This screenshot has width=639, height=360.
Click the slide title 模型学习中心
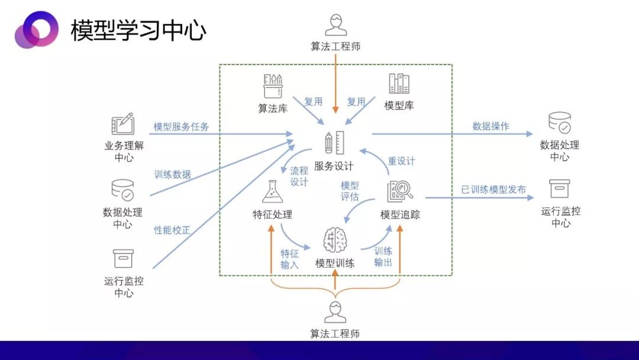click(x=138, y=30)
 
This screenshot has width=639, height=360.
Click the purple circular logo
click(x=36, y=30)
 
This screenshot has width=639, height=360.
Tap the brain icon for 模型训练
click(x=335, y=240)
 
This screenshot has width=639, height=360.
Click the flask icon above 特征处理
click(x=273, y=192)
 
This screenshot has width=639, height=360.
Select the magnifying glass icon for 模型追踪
click(x=400, y=191)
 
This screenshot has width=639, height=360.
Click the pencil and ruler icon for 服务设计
click(x=334, y=143)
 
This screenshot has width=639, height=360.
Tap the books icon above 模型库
click(x=399, y=83)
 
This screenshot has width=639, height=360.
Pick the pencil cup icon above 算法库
click(x=273, y=86)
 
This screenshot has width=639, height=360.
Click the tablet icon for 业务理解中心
click(x=123, y=124)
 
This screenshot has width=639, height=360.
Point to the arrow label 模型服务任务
click(x=182, y=126)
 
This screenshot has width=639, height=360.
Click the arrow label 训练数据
click(x=172, y=175)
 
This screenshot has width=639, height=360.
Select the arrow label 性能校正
click(x=172, y=230)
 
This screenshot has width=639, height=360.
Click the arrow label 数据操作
click(x=490, y=126)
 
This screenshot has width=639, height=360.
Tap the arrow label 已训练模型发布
click(x=493, y=189)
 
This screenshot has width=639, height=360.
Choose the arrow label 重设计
click(x=401, y=161)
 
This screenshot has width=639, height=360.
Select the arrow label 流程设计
click(x=299, y=176)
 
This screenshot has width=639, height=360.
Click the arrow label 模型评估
click(x=350, y=191)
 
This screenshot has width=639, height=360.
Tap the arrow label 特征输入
click(x=290, y=259)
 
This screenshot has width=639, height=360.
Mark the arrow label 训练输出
click(x=383, y=256)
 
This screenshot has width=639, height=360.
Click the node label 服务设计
click(x=334, y=166)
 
